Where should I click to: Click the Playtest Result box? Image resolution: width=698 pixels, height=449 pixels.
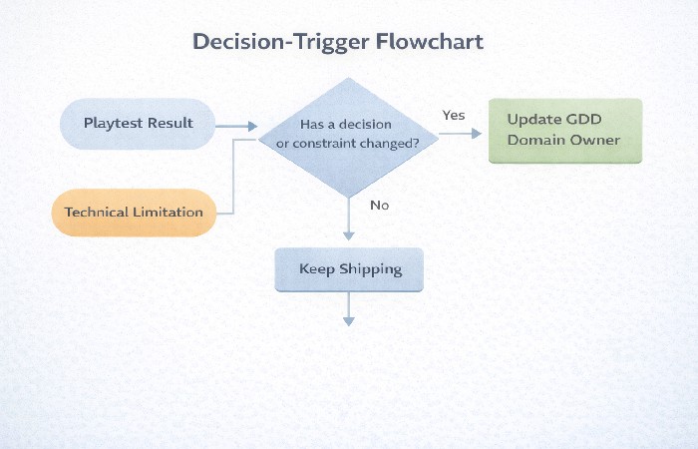pyautogui.click(x=138, y=124)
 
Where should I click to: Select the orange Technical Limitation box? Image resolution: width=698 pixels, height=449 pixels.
pyautogui.click(x=134, y=212)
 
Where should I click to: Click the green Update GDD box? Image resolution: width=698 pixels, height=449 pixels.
pyautogui.click(x=564, y=130)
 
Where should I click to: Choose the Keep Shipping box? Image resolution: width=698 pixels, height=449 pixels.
pyautogui.click(x=349, y=269)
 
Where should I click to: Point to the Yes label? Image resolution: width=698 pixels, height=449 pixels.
pyautogui.click(x=454, y=115)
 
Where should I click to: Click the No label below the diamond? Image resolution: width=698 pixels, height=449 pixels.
pyautogui.click(x=379, y=205)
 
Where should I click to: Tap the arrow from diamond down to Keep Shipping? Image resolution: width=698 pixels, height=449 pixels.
pyautogui.click(x=349, y=220)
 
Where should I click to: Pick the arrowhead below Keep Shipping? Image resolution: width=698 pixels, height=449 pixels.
pyautogui.click(x=349, y=320)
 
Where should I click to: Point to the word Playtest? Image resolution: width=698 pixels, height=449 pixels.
pyautogui.click(x=113, y=124)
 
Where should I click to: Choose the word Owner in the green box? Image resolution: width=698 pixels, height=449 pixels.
pyautogui.click(x=595, y=140)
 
